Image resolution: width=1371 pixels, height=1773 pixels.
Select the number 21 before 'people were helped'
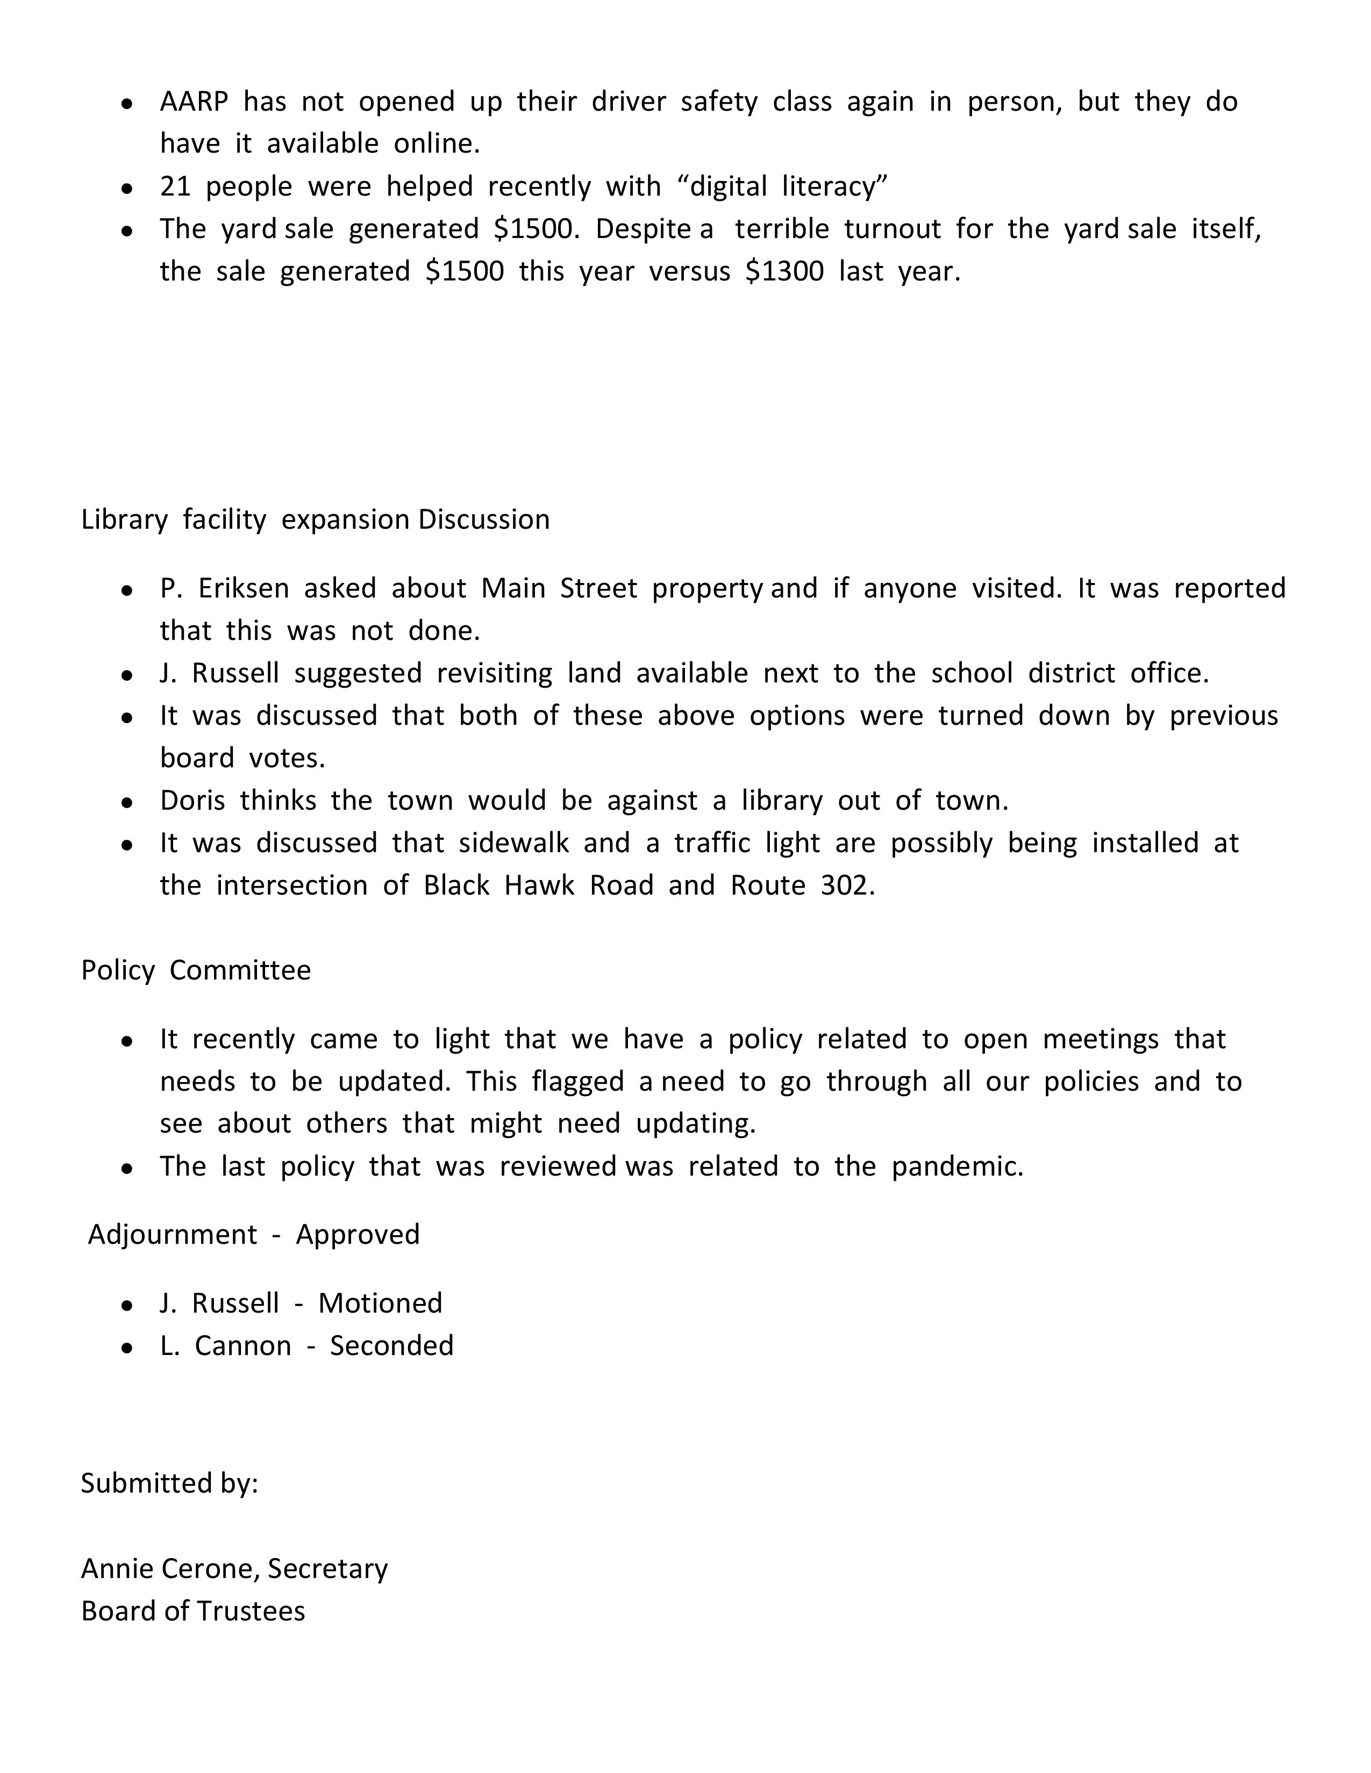pos(175,187)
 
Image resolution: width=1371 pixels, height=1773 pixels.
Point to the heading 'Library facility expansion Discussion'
pos(315,520)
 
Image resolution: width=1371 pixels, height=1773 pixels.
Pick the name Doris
pos(192,801)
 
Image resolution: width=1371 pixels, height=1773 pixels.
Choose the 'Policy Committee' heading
pos(196,970)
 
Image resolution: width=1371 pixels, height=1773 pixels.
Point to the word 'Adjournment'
pos(172,1234)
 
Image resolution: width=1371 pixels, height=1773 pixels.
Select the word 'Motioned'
pos(380,1303)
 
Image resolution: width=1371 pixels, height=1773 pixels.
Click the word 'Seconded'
pos(391,1345)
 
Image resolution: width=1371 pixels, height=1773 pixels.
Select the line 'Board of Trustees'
pos(194,1611)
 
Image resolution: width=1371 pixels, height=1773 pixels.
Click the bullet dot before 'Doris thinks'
pos(127,803)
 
